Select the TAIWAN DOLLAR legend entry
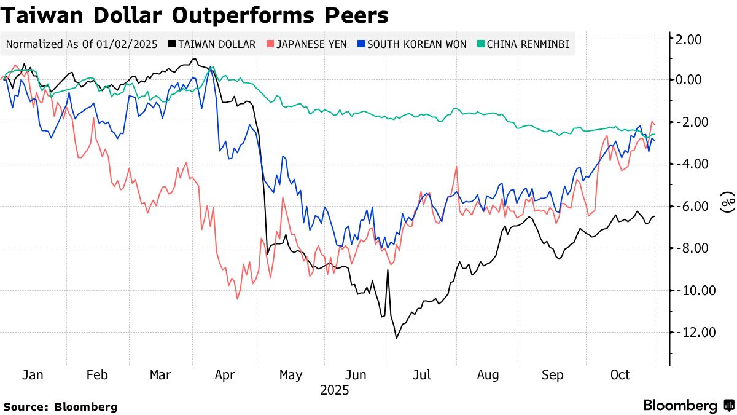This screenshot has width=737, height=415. (211, 44)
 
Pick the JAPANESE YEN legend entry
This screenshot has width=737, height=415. (307, 44)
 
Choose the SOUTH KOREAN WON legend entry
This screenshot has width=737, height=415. (411, 44)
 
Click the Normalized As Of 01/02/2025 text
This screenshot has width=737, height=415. (82, 44)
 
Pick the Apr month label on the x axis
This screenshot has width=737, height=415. (226, 375)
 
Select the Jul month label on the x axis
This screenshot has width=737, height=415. (423, 375)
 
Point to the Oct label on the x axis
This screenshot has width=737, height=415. (620, 375)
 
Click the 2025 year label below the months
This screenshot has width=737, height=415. (335, 390)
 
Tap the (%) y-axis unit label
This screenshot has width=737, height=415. (728, 201)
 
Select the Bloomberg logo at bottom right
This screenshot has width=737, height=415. (688, 406)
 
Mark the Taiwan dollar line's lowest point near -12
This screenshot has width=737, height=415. (396, 338)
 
